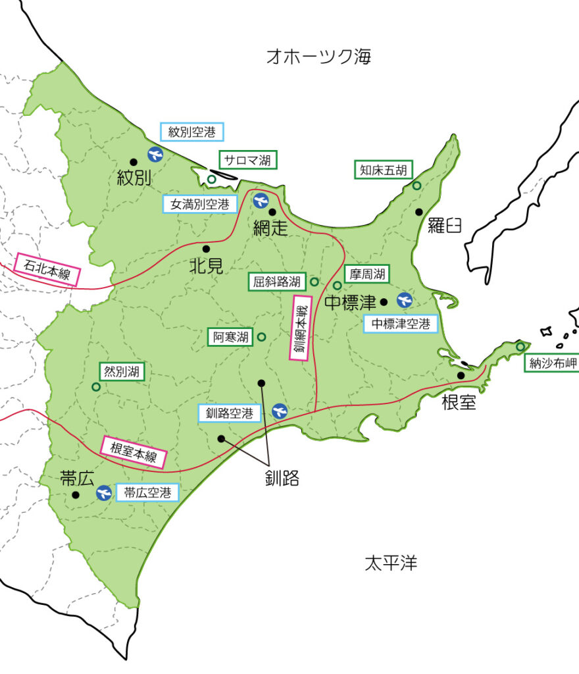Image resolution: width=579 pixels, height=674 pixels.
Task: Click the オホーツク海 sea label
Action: tap(318, 57)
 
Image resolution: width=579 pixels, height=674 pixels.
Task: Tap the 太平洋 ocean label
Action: tap(391, 563)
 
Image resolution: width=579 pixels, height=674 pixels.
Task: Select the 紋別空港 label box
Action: tap(192, 132)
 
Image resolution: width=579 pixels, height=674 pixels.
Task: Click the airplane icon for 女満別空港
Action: tap(261, 200)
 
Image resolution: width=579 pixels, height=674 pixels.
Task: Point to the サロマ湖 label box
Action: tap(248, 159)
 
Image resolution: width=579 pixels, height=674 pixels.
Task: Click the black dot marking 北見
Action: tap(206, 249)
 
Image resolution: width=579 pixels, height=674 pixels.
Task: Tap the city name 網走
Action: tap(271, 228)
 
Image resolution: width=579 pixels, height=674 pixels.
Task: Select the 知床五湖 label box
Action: tap(382, 170)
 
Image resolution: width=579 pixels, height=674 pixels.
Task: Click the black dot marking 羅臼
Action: tap(418, 211)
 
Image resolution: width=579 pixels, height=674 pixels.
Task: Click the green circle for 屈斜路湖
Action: tap(315, 282)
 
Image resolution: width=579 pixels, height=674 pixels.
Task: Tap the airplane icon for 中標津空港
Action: tap(404, 301)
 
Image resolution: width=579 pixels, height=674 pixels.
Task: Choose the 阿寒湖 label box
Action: tap(231, 338)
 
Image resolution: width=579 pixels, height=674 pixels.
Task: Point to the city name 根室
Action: tap(459, 402)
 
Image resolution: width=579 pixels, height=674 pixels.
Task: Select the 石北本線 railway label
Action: tap(47, 270)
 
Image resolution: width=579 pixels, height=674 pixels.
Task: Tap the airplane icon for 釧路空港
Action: tap(279, 411)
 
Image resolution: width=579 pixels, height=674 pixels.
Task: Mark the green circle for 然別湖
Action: tap(96, 387)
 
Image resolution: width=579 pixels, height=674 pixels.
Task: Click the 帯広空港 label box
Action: tap(147, 492)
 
